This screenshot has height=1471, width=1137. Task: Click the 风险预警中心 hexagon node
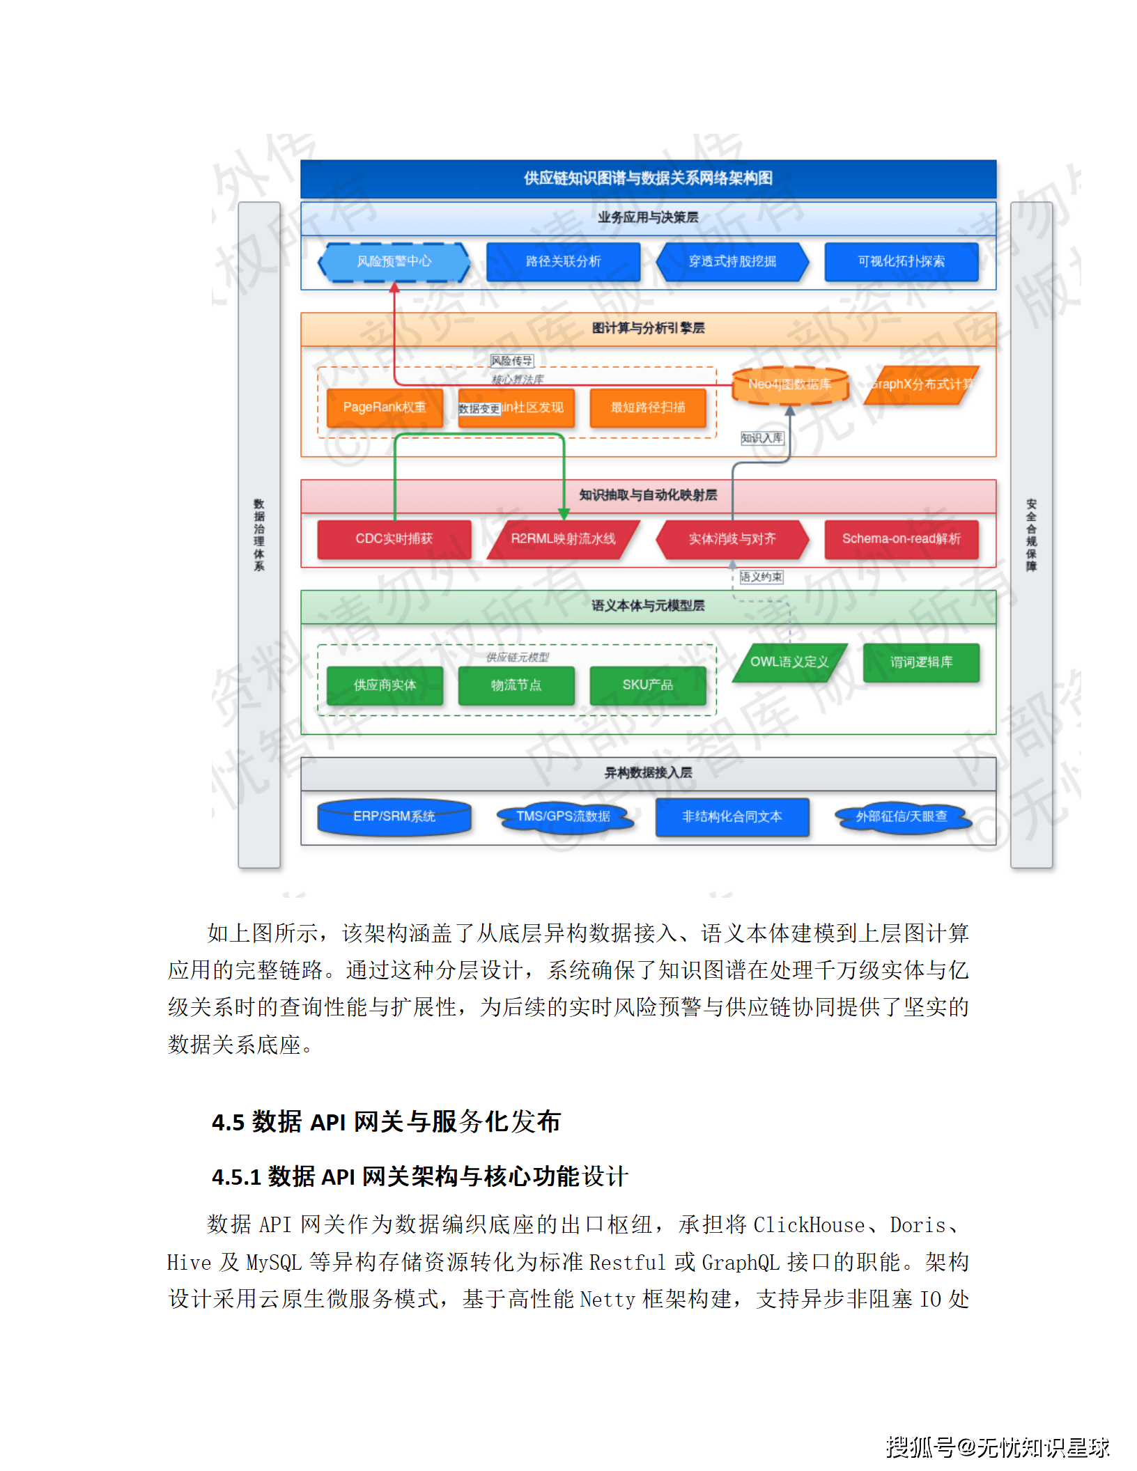pyautogui.click(x=394, y=262)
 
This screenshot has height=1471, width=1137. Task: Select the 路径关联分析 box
pyautogui.click(x=563, y=262)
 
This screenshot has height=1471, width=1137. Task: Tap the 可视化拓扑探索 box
pyautogui.click(x=901, y=262)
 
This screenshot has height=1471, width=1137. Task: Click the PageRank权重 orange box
pyautogui.click(x=384, y=407)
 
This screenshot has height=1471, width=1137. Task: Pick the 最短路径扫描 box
pyautogui.click(x=647, y=407)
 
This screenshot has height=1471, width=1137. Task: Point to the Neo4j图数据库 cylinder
pyautogui.click(x=789, y=384)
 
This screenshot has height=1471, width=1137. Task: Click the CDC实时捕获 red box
pyautogui.click(x=394, y=539)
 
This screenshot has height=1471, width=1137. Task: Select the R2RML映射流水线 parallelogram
pyautogui.click(x=563, y=539)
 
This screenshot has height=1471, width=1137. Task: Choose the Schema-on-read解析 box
pyautogui.click(x=901, y=539)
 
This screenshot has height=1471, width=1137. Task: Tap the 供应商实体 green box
pyautogui.click(x=384, y=685)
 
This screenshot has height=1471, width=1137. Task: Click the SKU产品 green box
pyautogui.click(x=647, y=685)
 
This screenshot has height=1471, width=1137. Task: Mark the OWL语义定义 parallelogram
pyautogui.click(x=789, y=662)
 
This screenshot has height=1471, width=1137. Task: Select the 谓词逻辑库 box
pyautogui.click(x=920, y=662)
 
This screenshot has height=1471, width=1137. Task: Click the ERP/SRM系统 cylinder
pyautogui.click(x=394, y=816)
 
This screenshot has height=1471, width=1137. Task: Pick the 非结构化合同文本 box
pyautogui.click(x=732, y=816)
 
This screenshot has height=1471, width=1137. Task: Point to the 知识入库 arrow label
pyautogui.click(x=761, y=438)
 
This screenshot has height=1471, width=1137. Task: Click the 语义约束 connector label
pyautogui.click(x=761, y=577)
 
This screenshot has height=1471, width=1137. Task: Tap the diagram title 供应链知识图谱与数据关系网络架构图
pyautogui.click(x=648, y=178)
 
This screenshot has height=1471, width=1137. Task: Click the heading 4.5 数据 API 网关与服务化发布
pyautogui.click(x=386, y=1122)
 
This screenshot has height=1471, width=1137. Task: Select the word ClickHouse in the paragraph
pyautogui.click(x=809, y=1225)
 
